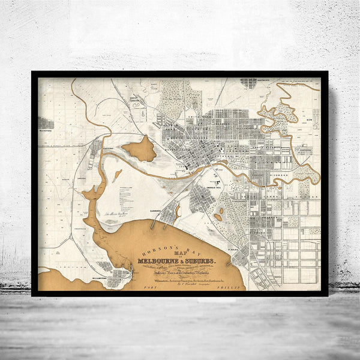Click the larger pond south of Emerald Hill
pyautogui.click(x=218, y=217)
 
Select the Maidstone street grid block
pyautogui.click(x=46, y=123)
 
